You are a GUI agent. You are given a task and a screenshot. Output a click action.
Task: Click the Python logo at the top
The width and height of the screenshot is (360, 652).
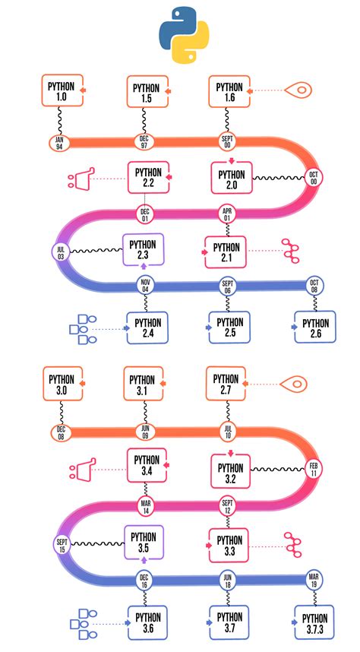(x=184, y=34)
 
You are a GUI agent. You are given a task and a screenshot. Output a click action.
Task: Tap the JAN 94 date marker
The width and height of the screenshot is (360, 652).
(x=59, y=141)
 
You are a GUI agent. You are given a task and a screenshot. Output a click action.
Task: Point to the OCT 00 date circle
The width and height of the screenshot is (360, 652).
(x=313, y=176)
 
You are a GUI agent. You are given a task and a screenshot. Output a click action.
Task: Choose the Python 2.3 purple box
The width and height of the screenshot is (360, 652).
(x=144, y=250)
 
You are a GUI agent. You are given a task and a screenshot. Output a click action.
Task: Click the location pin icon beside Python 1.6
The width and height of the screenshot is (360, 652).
(x=300, y=92)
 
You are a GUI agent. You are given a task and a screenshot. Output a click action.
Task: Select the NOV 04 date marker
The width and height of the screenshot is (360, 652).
(x=146, y=286)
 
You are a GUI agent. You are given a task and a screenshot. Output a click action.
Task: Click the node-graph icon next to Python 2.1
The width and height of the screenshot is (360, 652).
(x=291, y=249)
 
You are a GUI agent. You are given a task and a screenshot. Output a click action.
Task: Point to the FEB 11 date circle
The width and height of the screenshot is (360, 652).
(x=313, y=468)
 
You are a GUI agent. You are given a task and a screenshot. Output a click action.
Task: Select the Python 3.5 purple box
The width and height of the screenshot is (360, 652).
(x=144, y=542)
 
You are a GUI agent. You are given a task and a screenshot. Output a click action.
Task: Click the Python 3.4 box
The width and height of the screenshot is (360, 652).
(x=146, y=466)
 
